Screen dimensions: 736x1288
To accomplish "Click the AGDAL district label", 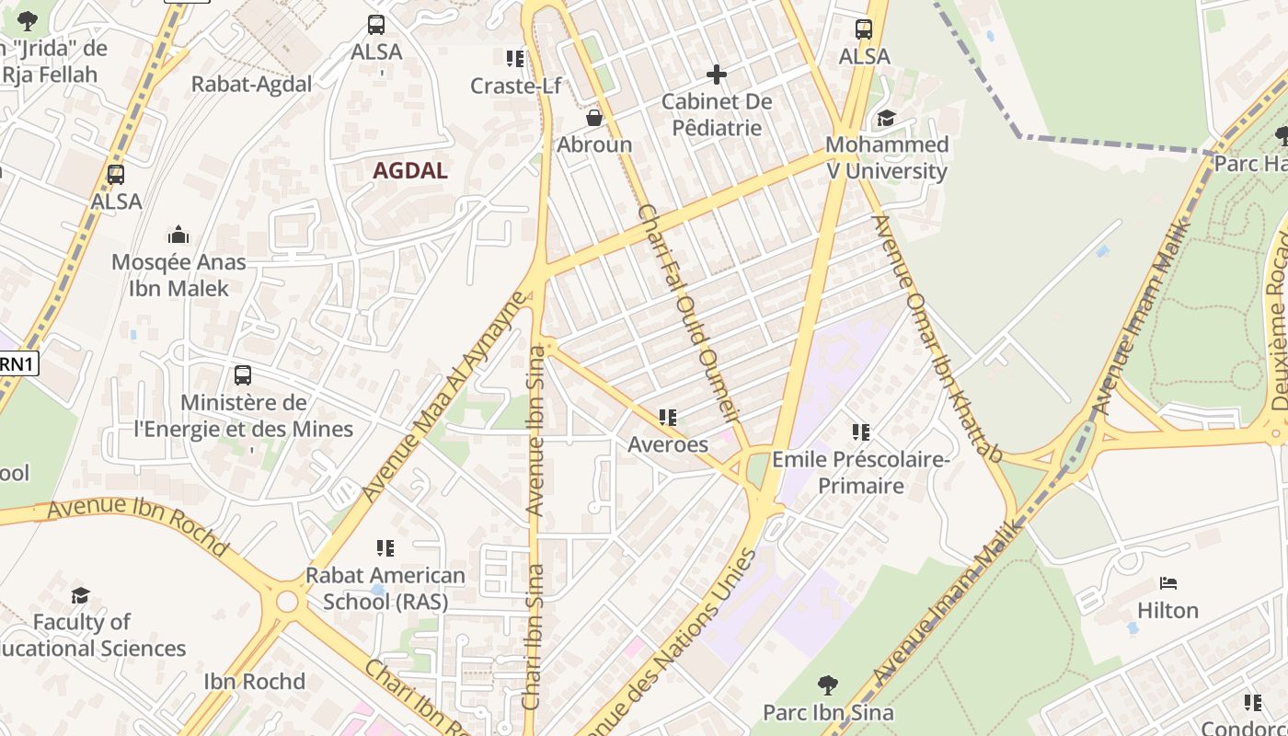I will point(410,170).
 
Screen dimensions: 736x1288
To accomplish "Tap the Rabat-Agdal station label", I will point(251,84).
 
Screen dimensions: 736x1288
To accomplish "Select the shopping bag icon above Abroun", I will point(594,118).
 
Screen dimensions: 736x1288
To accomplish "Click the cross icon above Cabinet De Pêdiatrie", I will point(717,75).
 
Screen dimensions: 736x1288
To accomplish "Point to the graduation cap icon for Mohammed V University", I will point(886,118).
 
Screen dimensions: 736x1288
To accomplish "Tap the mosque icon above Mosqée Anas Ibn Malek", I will point(178,235).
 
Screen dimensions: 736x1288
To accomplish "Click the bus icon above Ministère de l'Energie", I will point(243,375).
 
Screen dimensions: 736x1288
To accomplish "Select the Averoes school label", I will point(668,444).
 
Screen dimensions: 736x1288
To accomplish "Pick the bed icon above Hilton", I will point(1168,583).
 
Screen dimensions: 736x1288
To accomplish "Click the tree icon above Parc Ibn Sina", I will point(828,684).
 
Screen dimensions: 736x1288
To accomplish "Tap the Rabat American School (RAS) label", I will point(385,589).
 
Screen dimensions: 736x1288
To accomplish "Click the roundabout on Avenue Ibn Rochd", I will point(287,602).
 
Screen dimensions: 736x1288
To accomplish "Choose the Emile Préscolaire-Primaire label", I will point(860,471).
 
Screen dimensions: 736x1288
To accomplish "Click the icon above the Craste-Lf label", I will point(515,59).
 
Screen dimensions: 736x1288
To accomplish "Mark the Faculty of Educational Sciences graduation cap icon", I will point(81,595).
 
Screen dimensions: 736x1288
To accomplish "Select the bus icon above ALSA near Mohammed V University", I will point(863,29).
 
